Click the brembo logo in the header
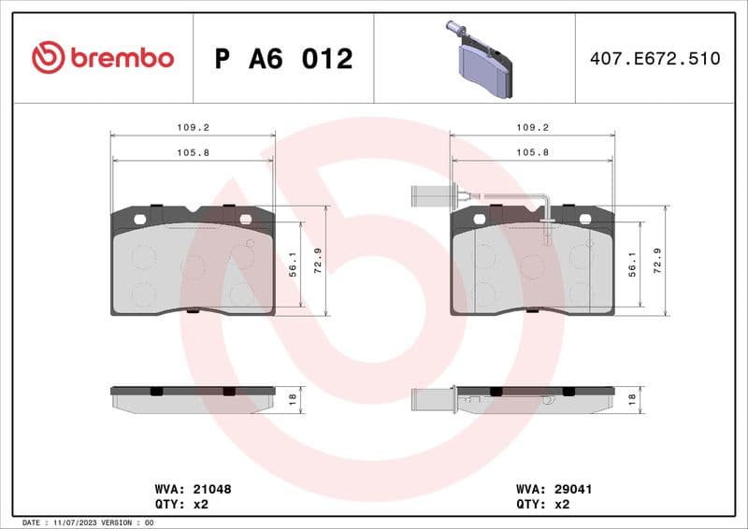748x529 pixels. tap(103, 58)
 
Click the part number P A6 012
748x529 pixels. tap(283, 59)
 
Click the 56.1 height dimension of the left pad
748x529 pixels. tap(293, 265)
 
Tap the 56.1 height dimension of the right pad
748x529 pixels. tap(633, 265)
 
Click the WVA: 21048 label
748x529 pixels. tap(192, 489)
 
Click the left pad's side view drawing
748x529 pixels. tap(193, 398)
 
